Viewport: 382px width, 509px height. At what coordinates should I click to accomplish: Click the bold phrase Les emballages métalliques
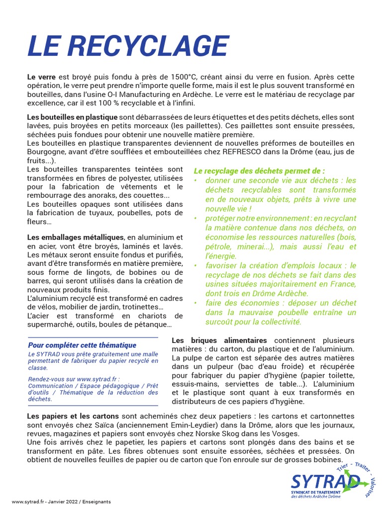tap(75, 238)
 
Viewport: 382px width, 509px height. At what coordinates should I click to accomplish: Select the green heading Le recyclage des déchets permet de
tap(259, 170)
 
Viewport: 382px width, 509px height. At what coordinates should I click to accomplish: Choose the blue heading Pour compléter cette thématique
tap(82, 345)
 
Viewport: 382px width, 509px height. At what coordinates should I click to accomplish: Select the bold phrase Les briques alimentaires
tap(219, 340)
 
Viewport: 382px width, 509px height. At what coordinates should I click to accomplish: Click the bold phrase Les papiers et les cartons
tap(73, 416)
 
